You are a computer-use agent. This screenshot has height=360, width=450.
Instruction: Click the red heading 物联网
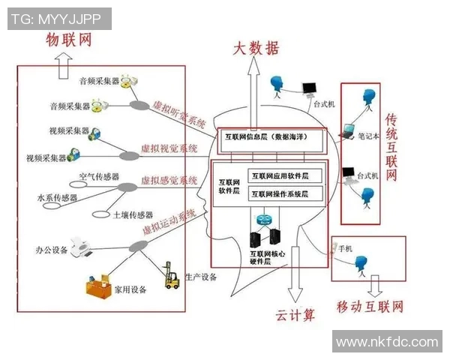tap(69, 40)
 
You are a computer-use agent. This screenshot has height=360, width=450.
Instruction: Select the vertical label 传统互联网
tap(391, 148)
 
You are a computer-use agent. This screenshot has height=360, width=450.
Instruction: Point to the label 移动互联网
tap(370, 307)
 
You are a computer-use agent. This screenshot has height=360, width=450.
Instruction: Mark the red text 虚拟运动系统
tap(173, 224)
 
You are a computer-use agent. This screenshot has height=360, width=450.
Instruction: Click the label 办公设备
tap(51, 248)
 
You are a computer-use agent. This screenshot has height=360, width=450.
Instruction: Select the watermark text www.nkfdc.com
tap(387, 342)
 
